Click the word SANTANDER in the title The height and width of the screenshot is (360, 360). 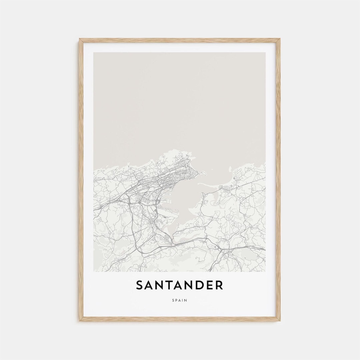179,285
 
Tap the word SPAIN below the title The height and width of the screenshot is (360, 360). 180,300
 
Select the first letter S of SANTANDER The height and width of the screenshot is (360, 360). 140,285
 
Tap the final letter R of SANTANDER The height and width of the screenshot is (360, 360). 219,285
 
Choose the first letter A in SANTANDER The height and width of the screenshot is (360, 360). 149,285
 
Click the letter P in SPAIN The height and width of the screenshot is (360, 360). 176,300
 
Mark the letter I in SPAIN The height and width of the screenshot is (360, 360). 183,300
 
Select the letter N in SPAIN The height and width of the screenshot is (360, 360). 186,300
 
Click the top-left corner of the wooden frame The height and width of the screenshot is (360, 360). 80,39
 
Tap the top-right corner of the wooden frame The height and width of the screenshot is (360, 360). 279,39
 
